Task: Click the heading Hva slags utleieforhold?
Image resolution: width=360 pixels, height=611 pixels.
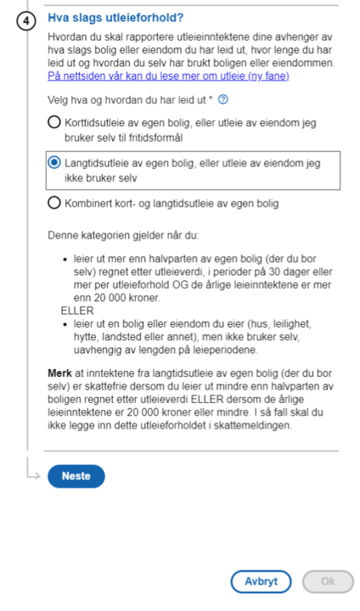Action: [x=115, y=17]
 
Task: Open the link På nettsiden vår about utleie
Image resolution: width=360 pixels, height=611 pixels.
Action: [x=168, y=76]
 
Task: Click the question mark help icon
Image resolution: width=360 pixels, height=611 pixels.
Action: [x=222, y=99]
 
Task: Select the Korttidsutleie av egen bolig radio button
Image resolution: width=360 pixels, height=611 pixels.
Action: [x=55, y=123]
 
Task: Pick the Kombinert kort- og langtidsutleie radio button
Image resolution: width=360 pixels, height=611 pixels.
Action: [x=55, y=203]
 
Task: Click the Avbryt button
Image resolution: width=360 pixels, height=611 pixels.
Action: [x=261, y=582]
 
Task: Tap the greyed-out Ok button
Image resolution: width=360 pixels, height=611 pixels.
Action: [x=327, y=582]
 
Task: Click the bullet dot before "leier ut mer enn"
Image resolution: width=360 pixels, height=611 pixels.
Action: [x=67, y=263]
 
